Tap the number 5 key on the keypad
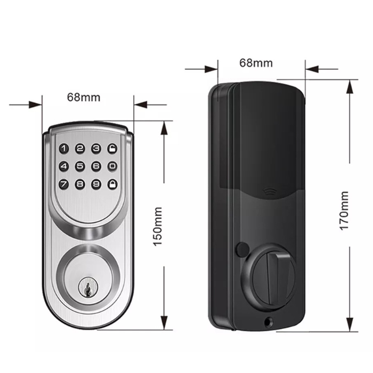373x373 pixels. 80,166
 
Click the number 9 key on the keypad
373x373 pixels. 96,184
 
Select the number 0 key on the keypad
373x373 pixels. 112,166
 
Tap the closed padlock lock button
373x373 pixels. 112,184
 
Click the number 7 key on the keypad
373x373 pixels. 64,184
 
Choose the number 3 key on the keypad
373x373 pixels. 96,149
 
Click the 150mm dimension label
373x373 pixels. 158,226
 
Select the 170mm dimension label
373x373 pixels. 344,211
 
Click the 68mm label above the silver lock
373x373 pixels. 84,98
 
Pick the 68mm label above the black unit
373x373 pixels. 256,63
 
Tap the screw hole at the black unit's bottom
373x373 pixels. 269,322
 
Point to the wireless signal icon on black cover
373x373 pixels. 269,191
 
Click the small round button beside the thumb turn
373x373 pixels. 242,249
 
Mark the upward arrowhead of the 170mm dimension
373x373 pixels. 349,87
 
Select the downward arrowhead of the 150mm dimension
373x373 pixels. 164,323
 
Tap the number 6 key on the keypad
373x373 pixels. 96,166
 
